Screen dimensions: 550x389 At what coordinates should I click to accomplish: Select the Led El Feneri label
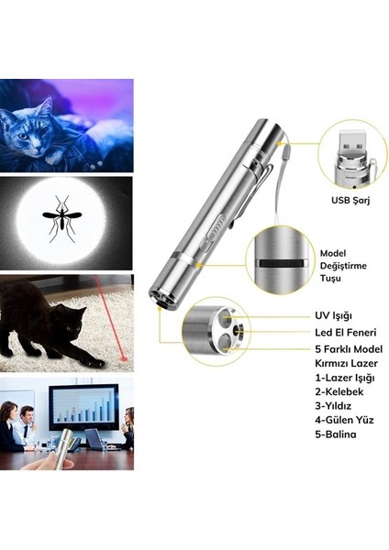coord(345,332)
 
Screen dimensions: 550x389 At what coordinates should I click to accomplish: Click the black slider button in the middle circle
coord(280,261)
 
